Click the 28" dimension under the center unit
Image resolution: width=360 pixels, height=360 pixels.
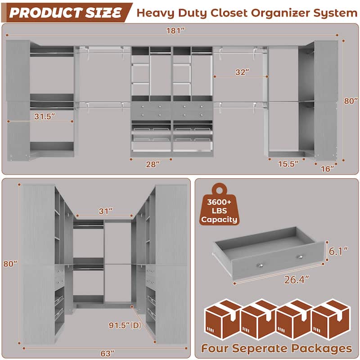151,164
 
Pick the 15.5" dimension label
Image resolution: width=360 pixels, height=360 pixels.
288,164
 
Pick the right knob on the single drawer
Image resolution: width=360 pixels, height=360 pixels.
298,257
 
